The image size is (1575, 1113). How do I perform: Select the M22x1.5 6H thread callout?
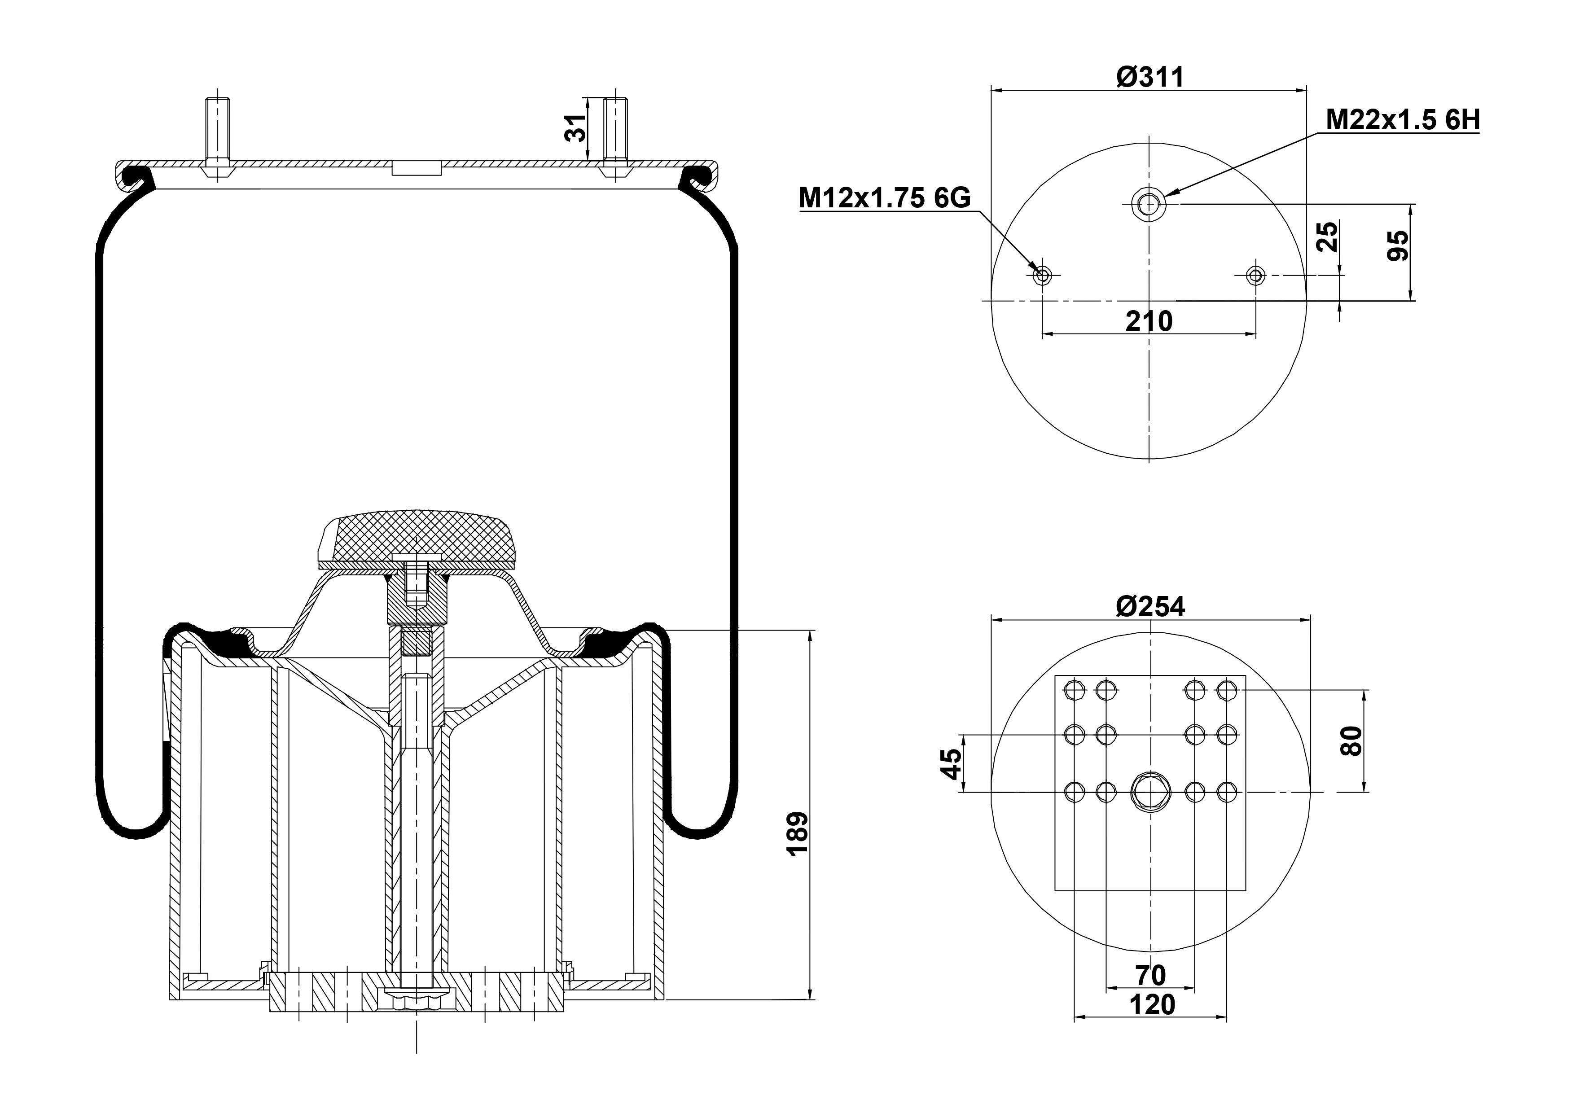1403,120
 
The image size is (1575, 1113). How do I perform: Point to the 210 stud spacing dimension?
1149,320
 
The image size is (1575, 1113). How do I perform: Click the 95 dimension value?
1397,245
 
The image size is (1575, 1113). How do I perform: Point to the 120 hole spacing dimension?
1152,1005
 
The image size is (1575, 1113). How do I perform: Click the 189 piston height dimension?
797,833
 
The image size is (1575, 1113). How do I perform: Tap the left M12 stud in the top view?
1042,276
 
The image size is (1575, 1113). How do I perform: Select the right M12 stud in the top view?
1256,276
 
